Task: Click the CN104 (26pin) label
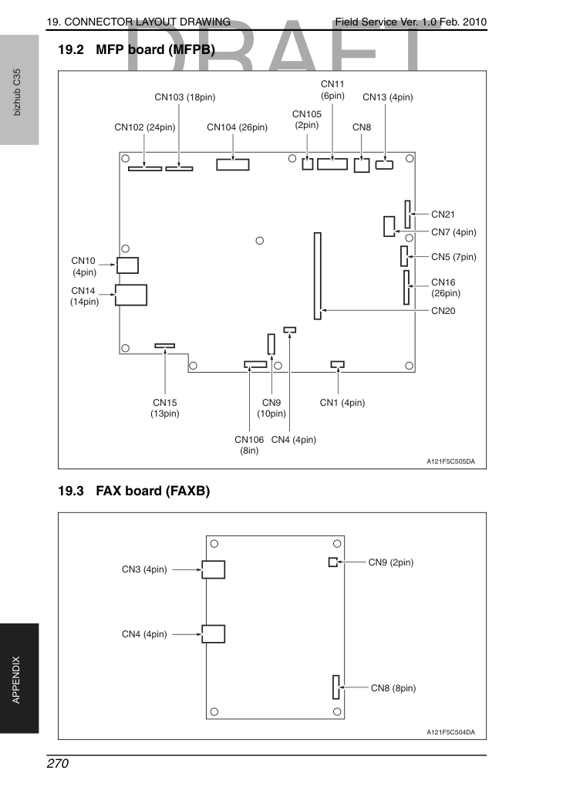[237, 127]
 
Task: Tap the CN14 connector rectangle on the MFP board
[131, 295]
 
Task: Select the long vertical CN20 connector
[318, 276]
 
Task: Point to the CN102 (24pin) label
[145, 127]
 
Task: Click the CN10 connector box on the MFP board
[127, 265]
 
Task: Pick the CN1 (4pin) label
[342, 403]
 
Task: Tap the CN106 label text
[249, 440]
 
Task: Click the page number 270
[57, 764]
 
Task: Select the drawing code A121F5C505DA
[450, 461]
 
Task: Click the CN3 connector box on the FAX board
[214, 569]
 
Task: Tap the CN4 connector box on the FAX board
[214, 634]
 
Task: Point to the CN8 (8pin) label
[393, 688]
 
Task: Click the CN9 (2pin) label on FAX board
[391, 562]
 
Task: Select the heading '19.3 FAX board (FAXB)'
[133, 491]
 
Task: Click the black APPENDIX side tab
[19, 678]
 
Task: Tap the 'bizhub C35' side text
[17, 93]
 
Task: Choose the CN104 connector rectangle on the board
[233, 164]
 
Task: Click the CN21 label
[443, 214]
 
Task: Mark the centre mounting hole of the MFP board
[260, 241]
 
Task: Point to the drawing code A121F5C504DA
[450, 732]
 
